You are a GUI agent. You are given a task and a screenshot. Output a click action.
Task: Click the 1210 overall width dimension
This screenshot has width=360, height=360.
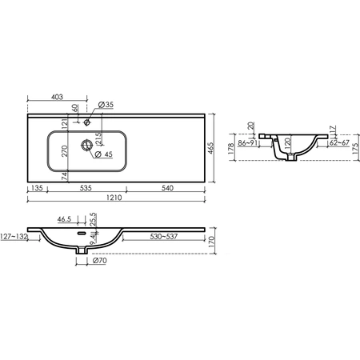coord(114,198)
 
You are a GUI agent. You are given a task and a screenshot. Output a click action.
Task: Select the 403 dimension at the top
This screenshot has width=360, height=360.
coord(57,97)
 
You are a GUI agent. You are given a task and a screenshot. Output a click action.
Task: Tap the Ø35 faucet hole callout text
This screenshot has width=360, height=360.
coord(106,105)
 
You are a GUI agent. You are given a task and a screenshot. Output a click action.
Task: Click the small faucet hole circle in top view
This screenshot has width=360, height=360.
coord(86,122)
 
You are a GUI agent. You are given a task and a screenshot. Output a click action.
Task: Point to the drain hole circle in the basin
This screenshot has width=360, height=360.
coord(86,145)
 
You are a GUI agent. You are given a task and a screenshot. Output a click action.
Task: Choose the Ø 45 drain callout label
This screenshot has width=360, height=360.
coord(104,154)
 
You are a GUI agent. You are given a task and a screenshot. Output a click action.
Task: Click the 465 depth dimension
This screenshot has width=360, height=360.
coord(210,148)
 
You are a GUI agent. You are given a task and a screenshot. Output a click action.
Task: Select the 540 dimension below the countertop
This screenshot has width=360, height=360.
coord(167,188)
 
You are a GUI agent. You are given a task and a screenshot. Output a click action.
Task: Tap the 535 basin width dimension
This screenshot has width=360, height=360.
coord(86,188)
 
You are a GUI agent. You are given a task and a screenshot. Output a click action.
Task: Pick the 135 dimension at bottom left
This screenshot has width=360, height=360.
coord(37,188)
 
